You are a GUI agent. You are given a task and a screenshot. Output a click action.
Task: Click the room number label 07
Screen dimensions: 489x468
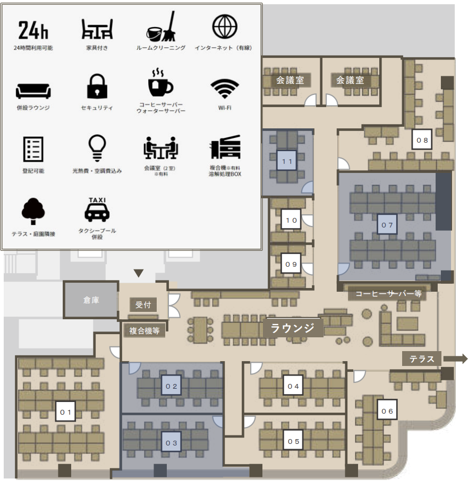387,225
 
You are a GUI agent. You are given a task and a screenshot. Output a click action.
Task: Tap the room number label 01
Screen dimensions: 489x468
65,411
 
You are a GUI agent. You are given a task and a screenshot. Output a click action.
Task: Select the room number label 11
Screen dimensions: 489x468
288,161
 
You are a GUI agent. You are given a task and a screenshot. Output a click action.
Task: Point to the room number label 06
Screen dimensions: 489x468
387,411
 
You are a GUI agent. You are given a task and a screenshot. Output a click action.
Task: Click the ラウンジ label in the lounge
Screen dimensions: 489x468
293,328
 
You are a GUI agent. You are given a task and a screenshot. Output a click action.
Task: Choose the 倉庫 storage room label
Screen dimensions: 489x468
91,300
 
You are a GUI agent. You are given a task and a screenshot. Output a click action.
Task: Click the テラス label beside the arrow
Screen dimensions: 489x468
422,359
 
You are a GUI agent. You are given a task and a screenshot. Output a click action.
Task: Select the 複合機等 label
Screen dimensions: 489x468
144,331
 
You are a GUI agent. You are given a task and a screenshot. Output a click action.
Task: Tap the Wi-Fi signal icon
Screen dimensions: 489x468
224,89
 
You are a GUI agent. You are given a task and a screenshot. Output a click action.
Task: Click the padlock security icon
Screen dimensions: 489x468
97,86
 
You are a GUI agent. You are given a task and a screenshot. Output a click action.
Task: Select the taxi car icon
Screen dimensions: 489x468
97,211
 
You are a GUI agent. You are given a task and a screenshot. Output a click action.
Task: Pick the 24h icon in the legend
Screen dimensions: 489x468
33,31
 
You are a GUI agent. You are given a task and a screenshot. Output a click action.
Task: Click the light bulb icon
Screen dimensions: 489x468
97,147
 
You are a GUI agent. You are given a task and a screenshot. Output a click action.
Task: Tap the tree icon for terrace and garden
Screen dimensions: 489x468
33,211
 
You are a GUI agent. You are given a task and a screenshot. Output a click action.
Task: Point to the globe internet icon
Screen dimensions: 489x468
224,27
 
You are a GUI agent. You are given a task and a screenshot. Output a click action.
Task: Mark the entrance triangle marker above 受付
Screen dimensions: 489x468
139,273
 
